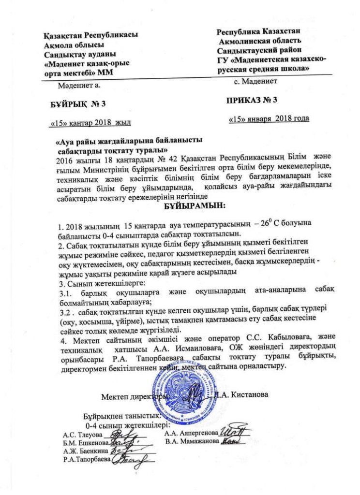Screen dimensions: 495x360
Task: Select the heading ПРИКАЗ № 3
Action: point(252,101)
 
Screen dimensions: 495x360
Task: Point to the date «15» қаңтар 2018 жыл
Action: point(91,125)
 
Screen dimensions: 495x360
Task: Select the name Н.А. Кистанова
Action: point(244,394)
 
